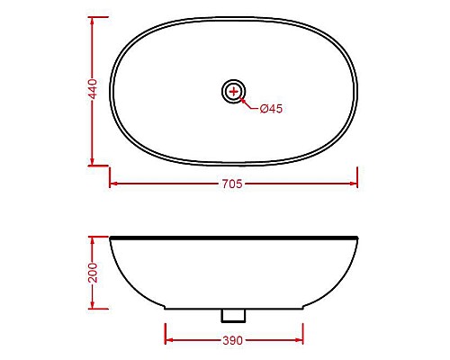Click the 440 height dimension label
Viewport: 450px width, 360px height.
(x=92, y=90)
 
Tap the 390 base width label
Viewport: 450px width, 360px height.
(x=234, y=341)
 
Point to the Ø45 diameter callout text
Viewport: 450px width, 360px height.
(x=271, y=109)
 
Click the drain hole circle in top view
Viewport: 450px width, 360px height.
(x=234, y=90)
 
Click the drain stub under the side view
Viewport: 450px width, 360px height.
(x=234, y=315)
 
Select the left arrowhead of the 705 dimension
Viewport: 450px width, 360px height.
(x=113, y=183)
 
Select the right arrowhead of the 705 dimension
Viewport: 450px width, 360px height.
(x=355, y=183)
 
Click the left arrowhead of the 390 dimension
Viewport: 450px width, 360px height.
(x=168, y=341)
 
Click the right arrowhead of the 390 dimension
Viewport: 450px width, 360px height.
(x=301, y=341)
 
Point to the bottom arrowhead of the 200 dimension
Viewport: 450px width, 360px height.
(x=92, y=306)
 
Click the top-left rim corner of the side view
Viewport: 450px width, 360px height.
(x=111, y=238)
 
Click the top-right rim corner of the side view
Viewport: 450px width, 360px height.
(x=358, y=238)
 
